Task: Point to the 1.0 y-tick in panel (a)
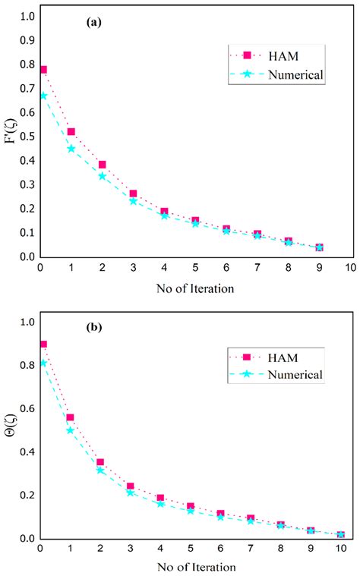[x=25, y=16]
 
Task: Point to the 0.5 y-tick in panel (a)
[x=25, y=137]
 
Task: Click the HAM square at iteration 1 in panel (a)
[x=71, y=132]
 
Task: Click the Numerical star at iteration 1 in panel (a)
[x=71, y=149]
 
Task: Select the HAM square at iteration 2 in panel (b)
[x=100, y=462]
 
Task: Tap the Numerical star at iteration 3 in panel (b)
[x=131, y=493]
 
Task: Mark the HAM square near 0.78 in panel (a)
[x=43, y=70]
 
